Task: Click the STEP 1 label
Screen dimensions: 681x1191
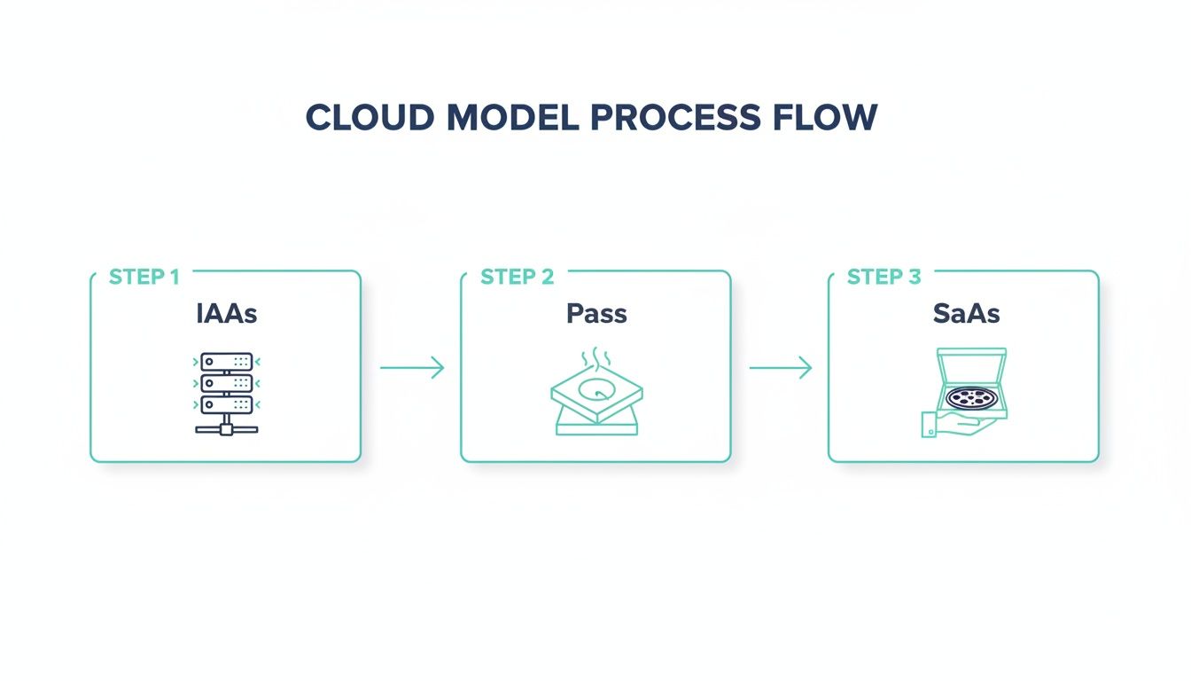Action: (x=144, y=278)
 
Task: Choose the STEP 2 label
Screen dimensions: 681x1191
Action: (x=517, y=278)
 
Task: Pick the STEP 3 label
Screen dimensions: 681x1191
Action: (x=884, y=278)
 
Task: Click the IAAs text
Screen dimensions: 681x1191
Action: (x=226, y=314)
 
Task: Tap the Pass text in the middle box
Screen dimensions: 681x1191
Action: (x=595, y=314)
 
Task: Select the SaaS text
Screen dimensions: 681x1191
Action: (x=966, y=314)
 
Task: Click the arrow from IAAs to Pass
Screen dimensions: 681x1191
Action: (x=411, y=367)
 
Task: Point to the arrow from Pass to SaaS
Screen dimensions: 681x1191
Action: (x=780, y=367)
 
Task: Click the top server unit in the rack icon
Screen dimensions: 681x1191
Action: (x=226, y=362)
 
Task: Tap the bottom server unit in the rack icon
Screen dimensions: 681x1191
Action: (x=226, y=404)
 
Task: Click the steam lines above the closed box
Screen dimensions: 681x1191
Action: (x=594, y=360)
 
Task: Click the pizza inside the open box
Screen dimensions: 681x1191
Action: (x=972, y=397)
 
